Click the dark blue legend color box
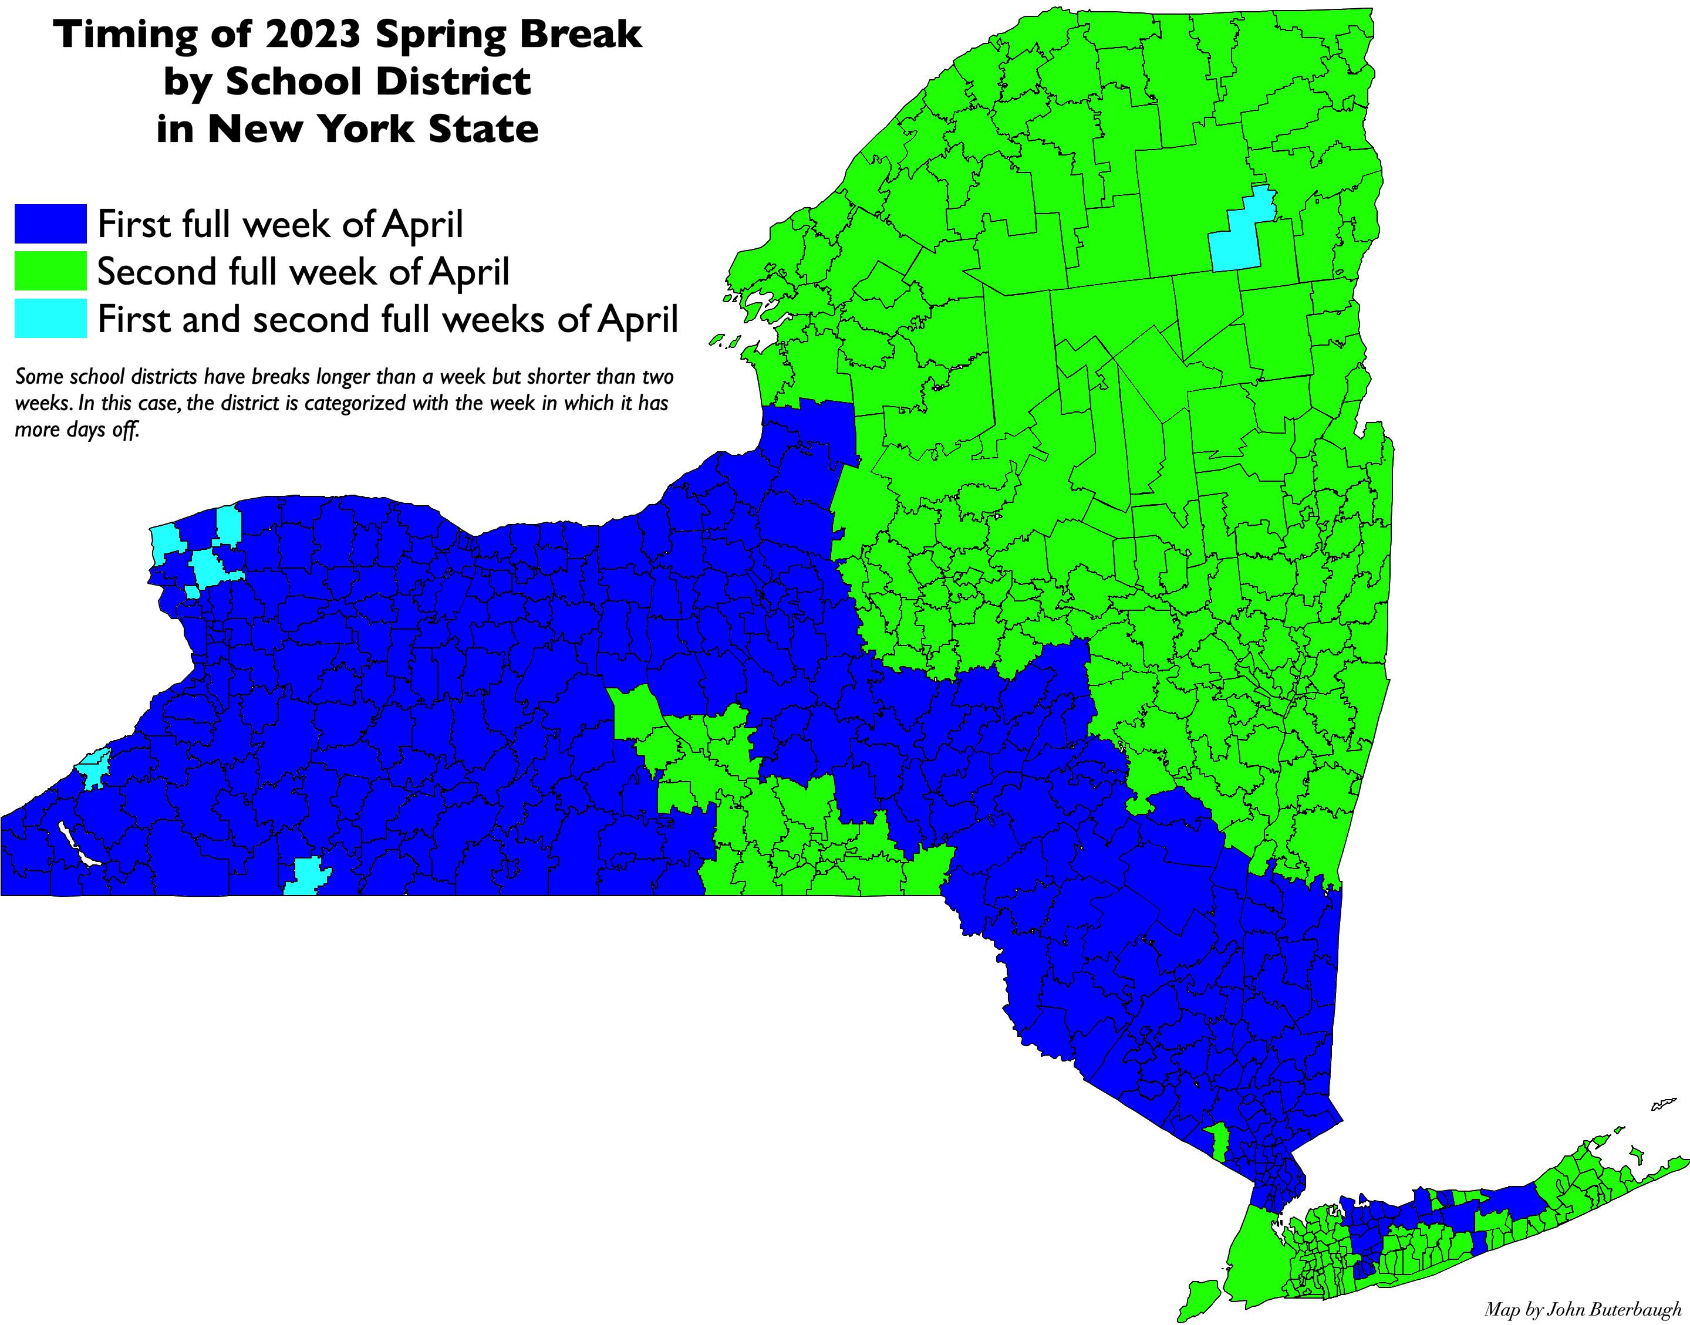pos(50,224)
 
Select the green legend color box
pos(50,272)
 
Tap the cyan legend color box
pos(50,319)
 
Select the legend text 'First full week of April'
pos(280,224)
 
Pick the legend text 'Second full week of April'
pos(303,272)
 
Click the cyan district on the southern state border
pos(306,877)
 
